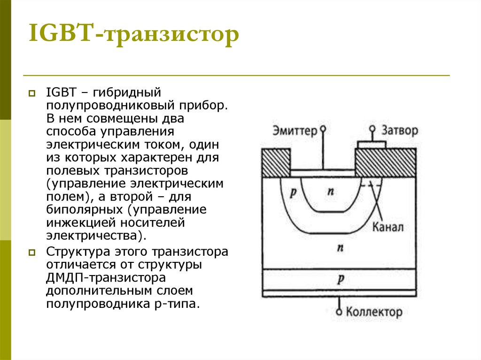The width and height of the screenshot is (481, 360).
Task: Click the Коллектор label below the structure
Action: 374,311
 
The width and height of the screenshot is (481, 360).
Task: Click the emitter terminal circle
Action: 323,128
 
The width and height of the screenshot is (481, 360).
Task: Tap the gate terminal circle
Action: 372,128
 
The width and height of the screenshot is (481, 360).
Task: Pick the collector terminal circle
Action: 339,311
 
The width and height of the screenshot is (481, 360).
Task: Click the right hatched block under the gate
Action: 385,162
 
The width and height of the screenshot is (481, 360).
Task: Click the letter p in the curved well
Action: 293,193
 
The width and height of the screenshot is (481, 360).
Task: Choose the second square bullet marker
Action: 32,253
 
